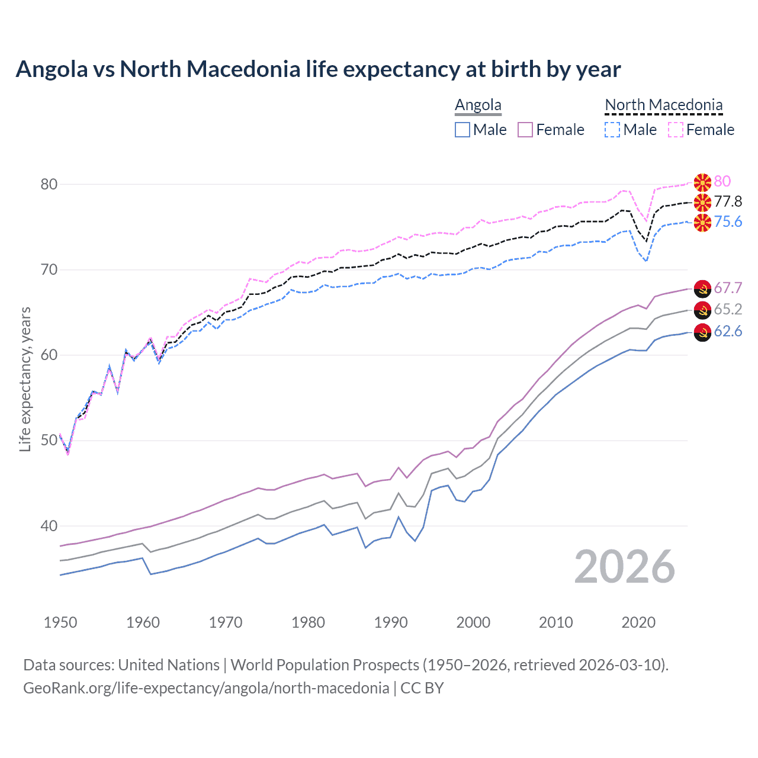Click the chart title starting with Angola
318,69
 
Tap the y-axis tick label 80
49,184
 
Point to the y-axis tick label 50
49,441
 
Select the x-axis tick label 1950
60,622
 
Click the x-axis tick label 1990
391,622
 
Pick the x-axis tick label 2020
638,622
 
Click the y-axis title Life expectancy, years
25,379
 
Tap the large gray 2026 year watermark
625,567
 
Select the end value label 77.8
728,202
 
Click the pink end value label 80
722,181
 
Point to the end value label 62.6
728,331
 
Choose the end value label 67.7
728,288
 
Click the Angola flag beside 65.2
702,310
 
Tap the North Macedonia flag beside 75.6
702,223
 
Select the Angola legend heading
478,105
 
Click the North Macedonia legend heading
663,105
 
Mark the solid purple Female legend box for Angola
525,130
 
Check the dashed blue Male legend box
612,130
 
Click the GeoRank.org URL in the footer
206,688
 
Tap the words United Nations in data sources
169,665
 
